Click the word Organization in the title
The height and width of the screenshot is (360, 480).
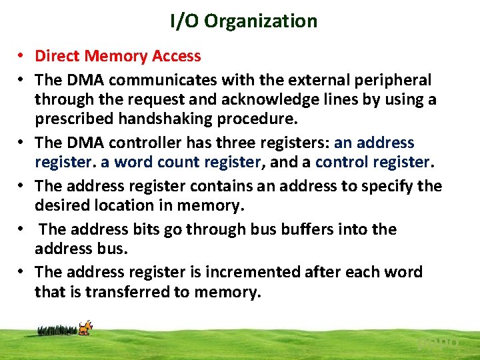pos(261,21)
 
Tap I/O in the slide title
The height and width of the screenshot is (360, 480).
pos(185,21)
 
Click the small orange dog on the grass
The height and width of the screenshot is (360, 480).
pos(85,327)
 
